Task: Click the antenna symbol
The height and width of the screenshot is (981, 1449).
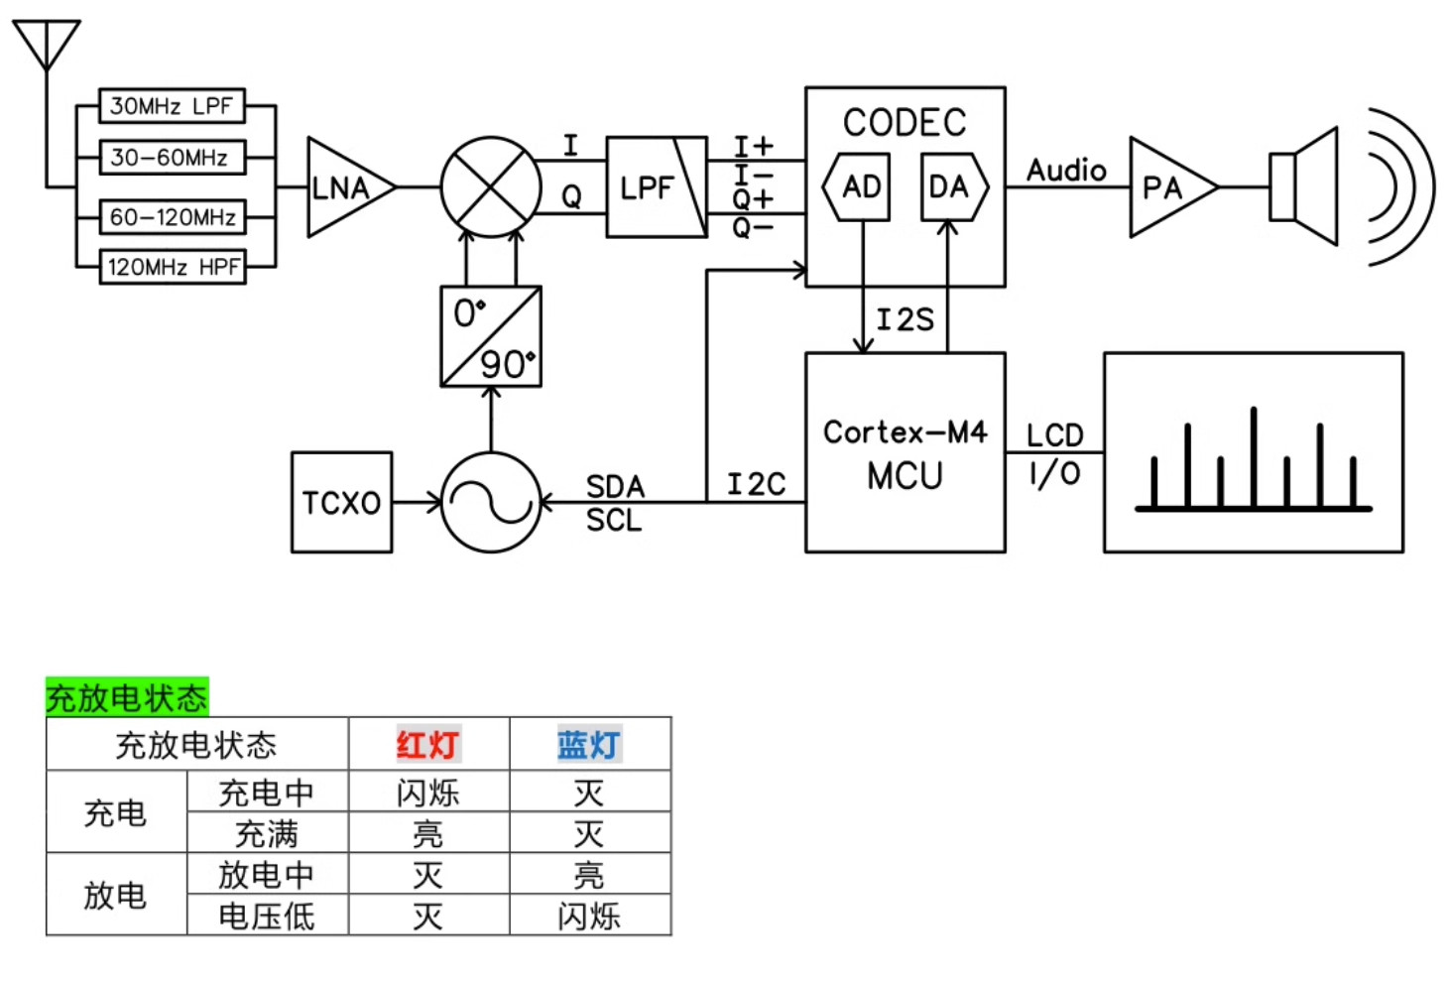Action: click(47, 46)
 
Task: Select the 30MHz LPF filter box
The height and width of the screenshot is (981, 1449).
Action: click(172, 105)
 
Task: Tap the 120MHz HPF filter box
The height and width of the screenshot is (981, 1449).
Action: click(173, 267)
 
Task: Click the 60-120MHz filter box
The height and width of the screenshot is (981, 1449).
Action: click(173, 217)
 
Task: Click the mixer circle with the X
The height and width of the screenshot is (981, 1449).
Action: click(491, 187)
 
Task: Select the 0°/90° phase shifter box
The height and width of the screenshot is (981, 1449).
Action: click(491, 336)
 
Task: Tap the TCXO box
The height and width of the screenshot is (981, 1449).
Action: click(341, 502)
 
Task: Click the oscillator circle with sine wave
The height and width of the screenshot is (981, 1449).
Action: click(491, 502)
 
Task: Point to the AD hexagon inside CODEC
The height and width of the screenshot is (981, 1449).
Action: click(857, 187)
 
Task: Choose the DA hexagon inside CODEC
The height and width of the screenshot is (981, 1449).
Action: click(955, 187)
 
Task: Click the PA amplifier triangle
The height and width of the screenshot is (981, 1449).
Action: click(1173, 187)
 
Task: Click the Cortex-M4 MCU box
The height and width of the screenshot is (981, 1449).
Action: click(905, 452)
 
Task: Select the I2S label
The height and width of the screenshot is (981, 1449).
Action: click(905, 319)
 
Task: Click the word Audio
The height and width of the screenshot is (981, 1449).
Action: click(1067, 171)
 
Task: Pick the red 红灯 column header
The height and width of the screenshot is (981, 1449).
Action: click(428, 744)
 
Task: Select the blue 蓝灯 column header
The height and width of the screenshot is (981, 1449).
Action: click(589, 744)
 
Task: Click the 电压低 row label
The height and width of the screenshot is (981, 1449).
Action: click(267, 917)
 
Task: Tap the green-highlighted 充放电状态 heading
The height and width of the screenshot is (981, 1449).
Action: click(127, 697)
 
